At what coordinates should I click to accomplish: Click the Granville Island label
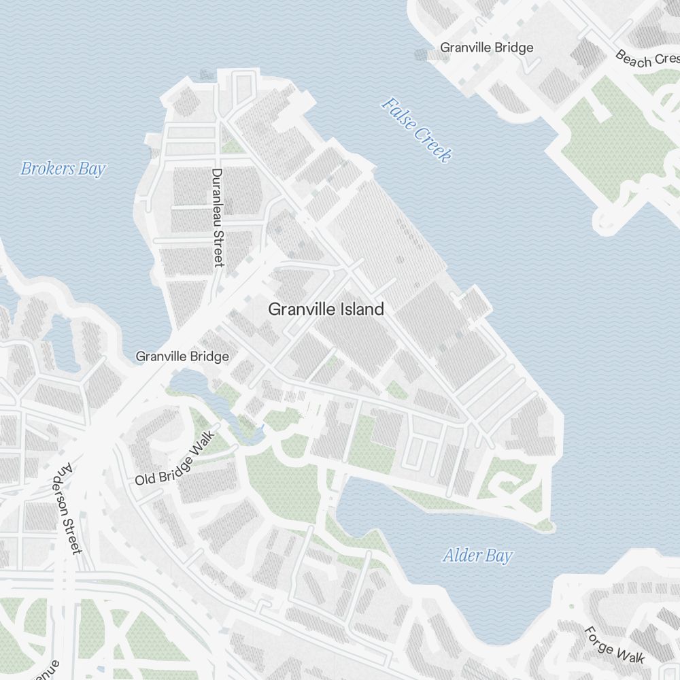326,309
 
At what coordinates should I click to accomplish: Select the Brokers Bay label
63,169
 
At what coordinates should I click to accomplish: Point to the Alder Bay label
477,556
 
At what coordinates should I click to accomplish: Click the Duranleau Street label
218,218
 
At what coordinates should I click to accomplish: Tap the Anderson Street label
69,508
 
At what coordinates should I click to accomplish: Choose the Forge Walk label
615,644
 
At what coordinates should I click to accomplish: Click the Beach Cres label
642,59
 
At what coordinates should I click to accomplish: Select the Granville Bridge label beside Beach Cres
487,48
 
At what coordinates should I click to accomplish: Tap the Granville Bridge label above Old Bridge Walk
182,356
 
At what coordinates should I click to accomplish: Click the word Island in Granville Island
359,309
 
